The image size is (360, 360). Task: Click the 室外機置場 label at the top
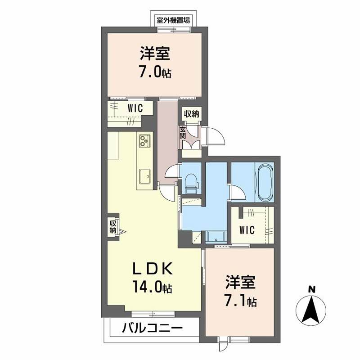coord(174,20)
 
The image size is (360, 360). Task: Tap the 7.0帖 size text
coord(154,72)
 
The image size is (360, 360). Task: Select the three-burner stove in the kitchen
coord(144,141)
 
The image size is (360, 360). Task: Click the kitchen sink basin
coord(145,175)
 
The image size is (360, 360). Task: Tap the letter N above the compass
coord(310,288)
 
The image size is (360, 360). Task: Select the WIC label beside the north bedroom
coord(135,108)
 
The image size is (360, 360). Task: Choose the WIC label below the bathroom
coord(247,230)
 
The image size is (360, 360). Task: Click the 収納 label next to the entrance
coord(192,114)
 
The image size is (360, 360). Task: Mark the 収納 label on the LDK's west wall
coord(113,226)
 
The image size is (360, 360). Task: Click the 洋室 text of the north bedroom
coord(154,54)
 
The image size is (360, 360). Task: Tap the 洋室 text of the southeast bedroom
coord(240,283)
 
